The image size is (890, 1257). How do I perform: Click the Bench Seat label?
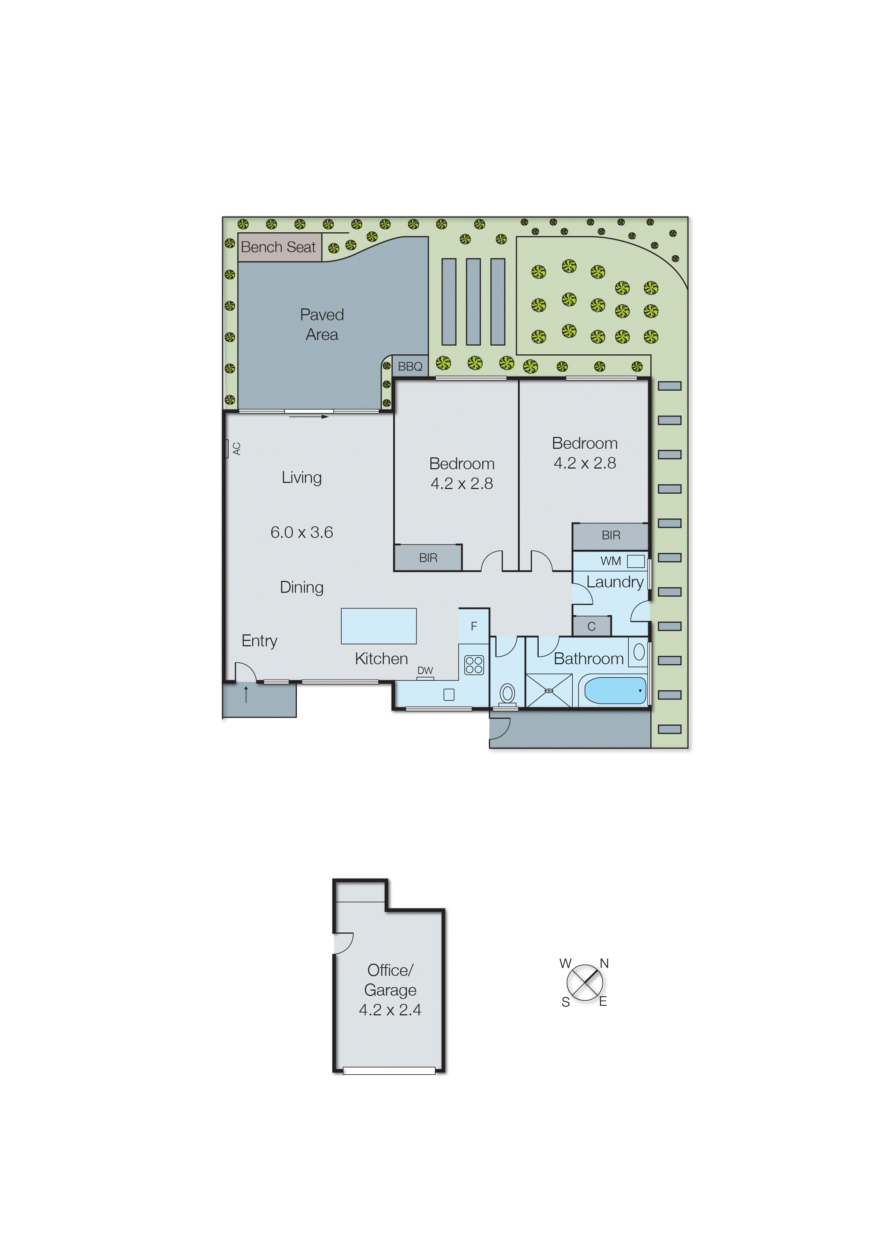coord(278,247)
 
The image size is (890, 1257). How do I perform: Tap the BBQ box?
coord(410,366)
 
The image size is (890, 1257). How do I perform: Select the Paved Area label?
coord(322,325)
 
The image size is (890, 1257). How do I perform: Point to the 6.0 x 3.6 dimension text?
coord(301,532)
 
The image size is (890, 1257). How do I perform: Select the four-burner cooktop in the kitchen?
coord(474,665)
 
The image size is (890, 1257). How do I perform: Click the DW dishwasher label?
coord(425,670)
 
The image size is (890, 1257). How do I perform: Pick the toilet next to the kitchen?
coord(507,694)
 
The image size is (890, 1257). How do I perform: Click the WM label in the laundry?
coord(610,561)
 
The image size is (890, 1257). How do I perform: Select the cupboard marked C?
coord(591,627)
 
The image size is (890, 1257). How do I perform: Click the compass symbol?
coord(585,982)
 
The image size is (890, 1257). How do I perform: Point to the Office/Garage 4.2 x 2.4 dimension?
coord(390,1010)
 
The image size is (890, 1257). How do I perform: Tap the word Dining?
coord(301,587)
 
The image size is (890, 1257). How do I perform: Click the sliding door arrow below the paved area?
coord(309,416)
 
